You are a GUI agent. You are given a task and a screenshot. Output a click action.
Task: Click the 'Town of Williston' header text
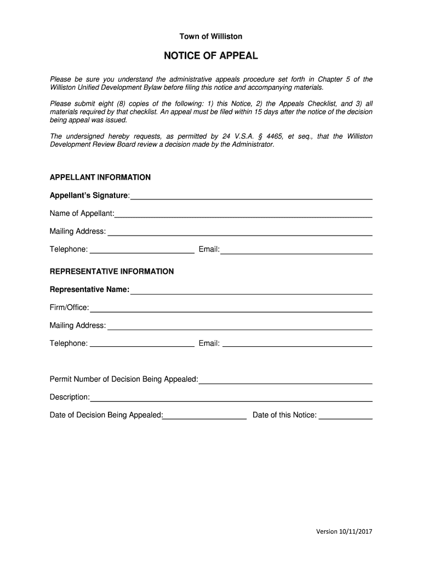point(211,37)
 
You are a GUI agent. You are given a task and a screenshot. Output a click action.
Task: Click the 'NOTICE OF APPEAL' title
point(211,56)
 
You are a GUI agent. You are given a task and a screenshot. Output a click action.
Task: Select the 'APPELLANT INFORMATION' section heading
point(100,178)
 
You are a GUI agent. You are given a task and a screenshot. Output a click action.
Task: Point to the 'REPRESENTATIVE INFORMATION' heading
point(112,272)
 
